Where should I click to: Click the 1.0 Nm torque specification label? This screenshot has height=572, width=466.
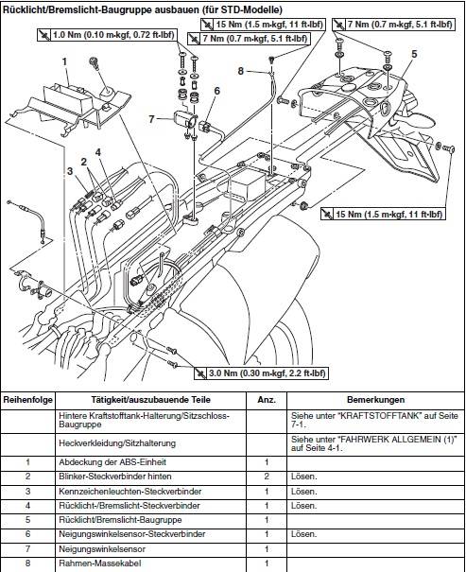107,35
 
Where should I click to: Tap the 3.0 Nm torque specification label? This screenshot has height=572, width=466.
260,373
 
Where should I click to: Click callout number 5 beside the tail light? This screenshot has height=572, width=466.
414,54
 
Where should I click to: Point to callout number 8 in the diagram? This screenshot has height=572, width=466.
241,71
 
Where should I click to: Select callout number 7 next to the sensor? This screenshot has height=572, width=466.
151,119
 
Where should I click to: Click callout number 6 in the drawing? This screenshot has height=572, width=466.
217,91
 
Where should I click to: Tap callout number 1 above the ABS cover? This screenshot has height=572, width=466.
65,61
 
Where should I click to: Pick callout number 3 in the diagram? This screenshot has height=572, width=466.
70,171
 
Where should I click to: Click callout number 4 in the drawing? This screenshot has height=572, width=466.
97,152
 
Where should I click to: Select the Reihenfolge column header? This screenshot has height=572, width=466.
28,399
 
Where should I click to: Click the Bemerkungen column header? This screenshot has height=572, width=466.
375,399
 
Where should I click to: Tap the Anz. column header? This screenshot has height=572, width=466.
267,399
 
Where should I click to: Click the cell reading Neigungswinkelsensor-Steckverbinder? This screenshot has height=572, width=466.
132,534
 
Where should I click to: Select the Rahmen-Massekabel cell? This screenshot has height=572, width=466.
100,563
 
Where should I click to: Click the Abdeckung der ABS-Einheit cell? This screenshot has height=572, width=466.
112,462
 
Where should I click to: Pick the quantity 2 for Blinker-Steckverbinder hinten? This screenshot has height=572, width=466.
267,477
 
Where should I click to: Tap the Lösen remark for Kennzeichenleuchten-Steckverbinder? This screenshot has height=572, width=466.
304,492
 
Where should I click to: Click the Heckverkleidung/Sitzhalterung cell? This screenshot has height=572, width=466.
117,443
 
